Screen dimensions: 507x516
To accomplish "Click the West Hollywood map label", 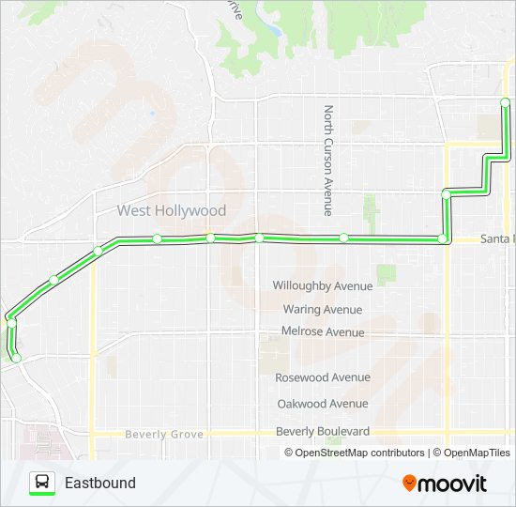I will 172,211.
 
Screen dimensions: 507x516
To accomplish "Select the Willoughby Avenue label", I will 322,285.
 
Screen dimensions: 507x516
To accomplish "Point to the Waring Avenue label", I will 322,309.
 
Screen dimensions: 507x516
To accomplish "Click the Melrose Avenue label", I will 322,331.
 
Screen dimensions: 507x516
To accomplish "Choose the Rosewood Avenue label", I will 322,377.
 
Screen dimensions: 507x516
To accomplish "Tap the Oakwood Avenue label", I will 322,404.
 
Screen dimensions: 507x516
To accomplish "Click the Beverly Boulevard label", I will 322,431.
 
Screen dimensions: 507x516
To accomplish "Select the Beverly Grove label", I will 164,435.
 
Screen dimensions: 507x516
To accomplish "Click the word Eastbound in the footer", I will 100,484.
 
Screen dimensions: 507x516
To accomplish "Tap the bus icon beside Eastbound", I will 42,483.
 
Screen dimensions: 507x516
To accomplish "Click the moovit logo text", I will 453,484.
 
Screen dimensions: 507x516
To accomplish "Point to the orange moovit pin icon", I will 409,484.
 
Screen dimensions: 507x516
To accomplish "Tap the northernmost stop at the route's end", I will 505,101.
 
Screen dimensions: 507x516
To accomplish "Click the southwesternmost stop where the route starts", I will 16,357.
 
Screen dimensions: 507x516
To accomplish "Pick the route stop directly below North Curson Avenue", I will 344,238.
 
